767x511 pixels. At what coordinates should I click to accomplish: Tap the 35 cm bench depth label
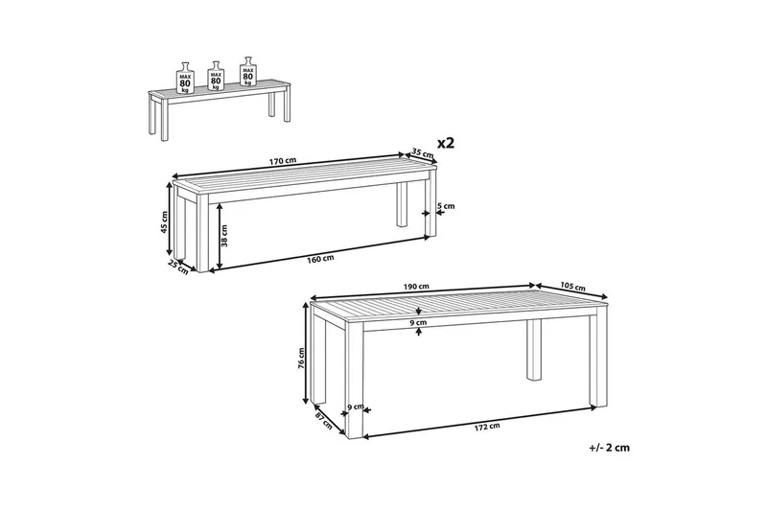pyautogui.click(x=423, y=153)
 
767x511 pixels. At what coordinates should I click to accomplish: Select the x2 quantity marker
pyautogui.click(x=446, y=143)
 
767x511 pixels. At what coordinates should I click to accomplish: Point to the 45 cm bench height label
pyautogui.click(x=164, y=222)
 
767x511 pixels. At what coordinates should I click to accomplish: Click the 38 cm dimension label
pyautogui.click(x=224, y=235)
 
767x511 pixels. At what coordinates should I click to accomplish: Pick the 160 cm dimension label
pyautogui.click(x=320, y=259)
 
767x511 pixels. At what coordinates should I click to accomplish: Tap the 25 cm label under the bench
pyautogui.click(x=178, y=267)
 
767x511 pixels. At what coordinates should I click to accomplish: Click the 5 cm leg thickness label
pyautogui.click(x=446, y=206)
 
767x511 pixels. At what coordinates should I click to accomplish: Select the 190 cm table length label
pyautogui.click(x=416, y=287)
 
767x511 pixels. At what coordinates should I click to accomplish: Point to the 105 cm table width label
pyautogui.click(x=572, y=287)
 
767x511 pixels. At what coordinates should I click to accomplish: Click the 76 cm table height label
pyautogui.click(x=301, y=360)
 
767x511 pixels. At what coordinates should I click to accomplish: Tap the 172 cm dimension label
pyautogui.click(x=487, y=427)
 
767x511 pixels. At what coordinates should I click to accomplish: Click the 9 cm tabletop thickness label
pyautogui.click(x=418, y=322)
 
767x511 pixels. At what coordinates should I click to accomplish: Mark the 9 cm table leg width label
pyautogui.click(x=355, y=406)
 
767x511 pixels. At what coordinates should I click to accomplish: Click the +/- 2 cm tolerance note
pyautogui.click(x=610, y=447)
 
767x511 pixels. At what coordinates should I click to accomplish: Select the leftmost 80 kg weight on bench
pyautogui.click(x=185, y=79)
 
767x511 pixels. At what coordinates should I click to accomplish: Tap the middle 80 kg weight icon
pyautogui.click(x=216, y=76)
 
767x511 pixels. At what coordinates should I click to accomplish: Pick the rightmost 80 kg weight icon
pyautogui.click(x=247, y=71)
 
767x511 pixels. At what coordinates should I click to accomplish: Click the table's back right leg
pyautogui.click(x=535, y=350)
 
